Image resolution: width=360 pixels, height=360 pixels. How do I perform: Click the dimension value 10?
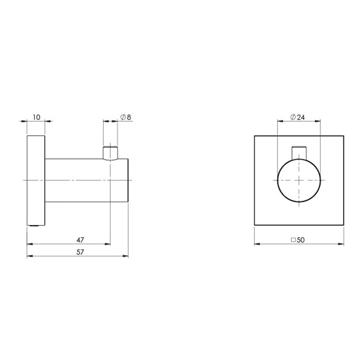pyautogui.click(x=37, y=117)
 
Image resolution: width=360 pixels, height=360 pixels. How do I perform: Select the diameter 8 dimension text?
pyautogui.click(x=126, y=117)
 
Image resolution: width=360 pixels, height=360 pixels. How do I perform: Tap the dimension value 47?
pyautogui.click(x=80, y=240)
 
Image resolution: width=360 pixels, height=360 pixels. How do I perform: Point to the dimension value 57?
pyautogui.click(x=80, y=252)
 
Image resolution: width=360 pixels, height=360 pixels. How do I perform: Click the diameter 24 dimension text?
pyautogui.click(x=297, y=117)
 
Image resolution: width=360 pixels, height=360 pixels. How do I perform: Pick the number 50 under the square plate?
pyautogui.click(x=301, y=240)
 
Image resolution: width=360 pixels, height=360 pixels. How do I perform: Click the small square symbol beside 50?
pyautogui.click(x=293, y=240)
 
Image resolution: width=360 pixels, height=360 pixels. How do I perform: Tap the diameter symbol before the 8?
pyautogui.click(x=123, y=117)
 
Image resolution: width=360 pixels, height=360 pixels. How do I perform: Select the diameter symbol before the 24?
pyautogui.click(x=293, y=117)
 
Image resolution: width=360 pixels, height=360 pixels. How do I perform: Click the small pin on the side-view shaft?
pyautogui.click(x=110, y=153)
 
